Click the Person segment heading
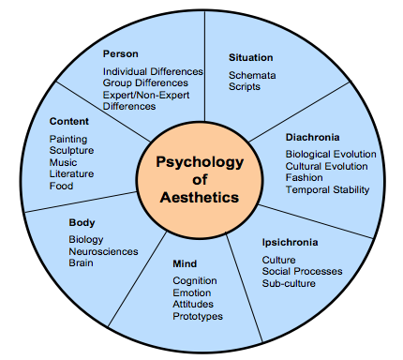pyautogui.click(x=121, y=53)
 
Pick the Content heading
pyautogui.click(x=69, y=121)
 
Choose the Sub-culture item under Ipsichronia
pyautogui.click(x=288, y=282)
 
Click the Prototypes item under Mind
pyautogui.click(x=197, y=317)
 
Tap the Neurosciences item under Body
pyautogui.click(x=103, y=251)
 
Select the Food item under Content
pyautogui.click(x=61, y=186)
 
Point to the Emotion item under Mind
pyautogui.click(x=192, y=292)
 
